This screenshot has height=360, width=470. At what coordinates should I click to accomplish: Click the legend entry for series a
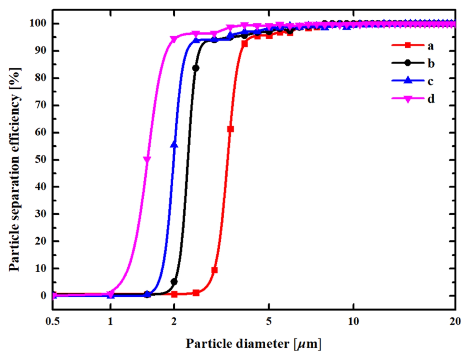click(413, 45)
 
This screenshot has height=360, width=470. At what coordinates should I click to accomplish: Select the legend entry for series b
click(413, 63)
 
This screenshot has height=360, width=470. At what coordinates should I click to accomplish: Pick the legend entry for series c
click(413, 81)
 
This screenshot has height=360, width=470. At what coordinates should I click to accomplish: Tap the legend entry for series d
click(413, 99)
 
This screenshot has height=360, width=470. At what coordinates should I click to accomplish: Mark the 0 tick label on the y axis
click(43, 295)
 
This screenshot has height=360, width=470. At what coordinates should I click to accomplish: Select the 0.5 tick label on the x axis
click(53, 321)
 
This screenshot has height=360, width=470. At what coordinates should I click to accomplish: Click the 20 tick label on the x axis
click(455, 321)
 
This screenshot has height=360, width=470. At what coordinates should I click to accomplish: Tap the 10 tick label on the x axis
click(353, 321)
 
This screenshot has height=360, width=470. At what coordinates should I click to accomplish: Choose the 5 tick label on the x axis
click(268, 321)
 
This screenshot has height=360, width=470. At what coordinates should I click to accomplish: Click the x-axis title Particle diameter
click(253, 344)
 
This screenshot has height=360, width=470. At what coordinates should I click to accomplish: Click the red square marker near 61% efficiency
click(230, 129)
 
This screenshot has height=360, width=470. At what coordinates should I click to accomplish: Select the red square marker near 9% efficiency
click(214, 270)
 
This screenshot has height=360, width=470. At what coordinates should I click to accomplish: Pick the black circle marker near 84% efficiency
click(196, 68)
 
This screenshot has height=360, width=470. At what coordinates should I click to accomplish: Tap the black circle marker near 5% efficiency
click(174, 282)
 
